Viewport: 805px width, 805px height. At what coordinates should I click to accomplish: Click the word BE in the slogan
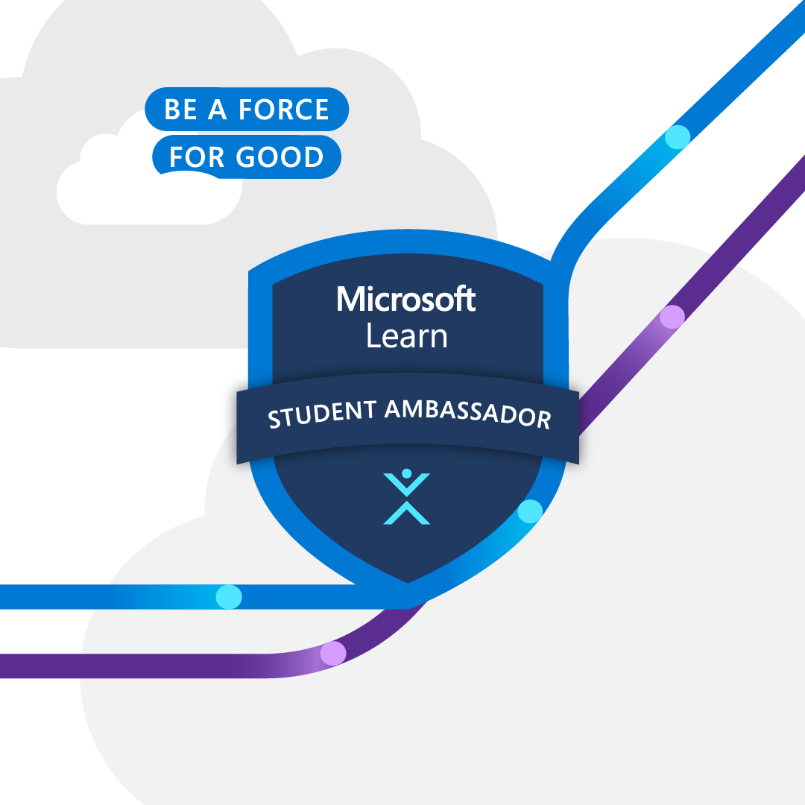point(180,110)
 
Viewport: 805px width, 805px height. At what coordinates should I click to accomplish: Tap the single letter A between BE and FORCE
point(217,110)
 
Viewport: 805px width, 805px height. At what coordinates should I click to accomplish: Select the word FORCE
point(283,110)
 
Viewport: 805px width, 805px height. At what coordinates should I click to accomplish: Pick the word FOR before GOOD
point(196,157)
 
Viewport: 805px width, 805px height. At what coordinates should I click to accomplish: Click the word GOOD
point(280,157)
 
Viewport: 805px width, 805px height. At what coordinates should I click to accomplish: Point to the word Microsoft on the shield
point(406,300)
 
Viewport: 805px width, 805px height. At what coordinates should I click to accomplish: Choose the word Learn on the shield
point(406,336)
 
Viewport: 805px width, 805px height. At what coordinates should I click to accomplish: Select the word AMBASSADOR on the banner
point(468,413)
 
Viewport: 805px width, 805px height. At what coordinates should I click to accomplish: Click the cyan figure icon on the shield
point(406,498)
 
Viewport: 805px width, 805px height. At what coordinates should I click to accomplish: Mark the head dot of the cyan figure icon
point(406,473)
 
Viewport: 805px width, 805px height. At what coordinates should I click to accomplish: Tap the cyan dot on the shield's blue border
point(530,511)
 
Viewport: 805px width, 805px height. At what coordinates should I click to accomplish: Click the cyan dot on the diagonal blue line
point(678,137)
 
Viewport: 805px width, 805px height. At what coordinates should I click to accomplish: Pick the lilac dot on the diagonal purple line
point(672,317)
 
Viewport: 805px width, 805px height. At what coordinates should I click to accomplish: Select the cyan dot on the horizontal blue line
point(229,596)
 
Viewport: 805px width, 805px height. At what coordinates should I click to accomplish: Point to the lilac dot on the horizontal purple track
point(332,654)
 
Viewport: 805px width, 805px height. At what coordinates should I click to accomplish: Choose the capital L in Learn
point(373,336)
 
